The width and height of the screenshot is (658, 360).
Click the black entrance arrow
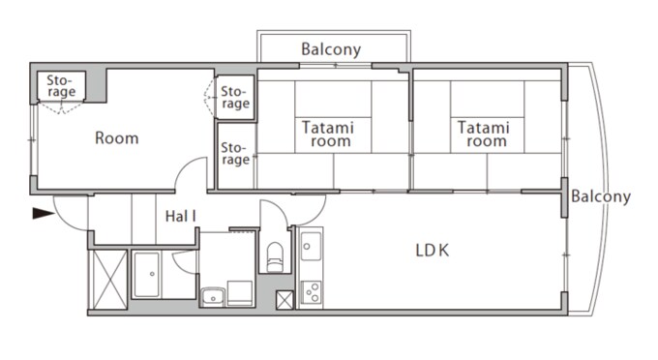pyautogui.click(x=43, y=213)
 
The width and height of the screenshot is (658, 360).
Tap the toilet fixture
pyautogui.click(x=275, y=258)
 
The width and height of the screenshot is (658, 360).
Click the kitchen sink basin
pyautogui.click(x=311, y=248)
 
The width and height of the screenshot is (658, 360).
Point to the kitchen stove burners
pyautogui.click(x=311, y=291)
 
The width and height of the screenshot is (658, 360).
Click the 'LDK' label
pyautogui.click(x=433, y=251)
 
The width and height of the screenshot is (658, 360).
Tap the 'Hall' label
pyautogui.click(x=180, y=216)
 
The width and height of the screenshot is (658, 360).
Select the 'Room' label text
pyautogui.click(x=116, y=138)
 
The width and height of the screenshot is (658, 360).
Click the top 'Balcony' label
pyautogui.click(x=331, y=48)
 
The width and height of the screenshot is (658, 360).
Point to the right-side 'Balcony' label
pyautogui.click(x=600, y=196)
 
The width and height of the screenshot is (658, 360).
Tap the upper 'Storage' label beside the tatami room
pyautogui.click(x=235, y=97)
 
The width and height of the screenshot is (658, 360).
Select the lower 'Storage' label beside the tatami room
pyautogui.click(x=235, y=153)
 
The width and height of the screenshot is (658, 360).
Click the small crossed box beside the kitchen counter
pyautogui.click(x=284, y=299)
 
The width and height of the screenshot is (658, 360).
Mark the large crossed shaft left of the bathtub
pyautogui.click(x=107, y=277)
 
